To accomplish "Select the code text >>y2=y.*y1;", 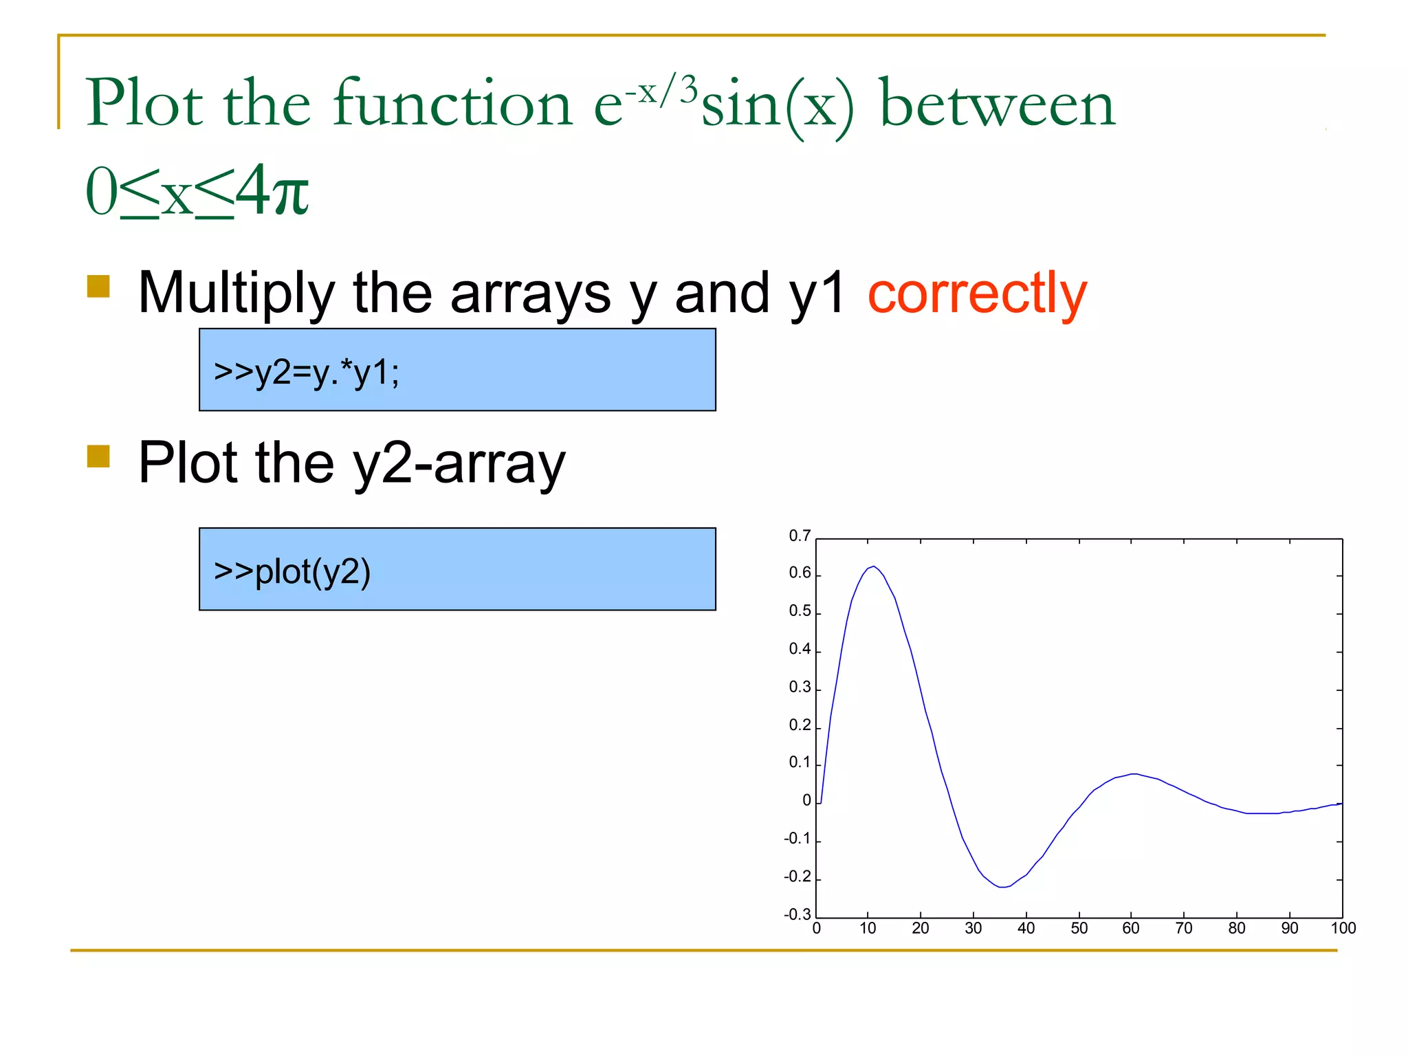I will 307,373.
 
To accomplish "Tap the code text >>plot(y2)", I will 292,571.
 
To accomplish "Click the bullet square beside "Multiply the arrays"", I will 98,286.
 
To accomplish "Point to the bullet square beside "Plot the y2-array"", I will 98,456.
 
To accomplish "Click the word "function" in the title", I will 452,104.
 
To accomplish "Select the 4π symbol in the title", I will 272,191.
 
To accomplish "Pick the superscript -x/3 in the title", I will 661,90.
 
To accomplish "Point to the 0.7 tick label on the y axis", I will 800,536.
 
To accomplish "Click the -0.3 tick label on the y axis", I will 797,914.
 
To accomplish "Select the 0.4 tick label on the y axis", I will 800,649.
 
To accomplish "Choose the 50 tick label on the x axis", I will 1079,928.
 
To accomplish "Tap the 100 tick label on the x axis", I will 1343,928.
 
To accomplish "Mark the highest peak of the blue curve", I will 873,566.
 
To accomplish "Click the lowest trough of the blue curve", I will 1002,887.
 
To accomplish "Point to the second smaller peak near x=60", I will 1133,773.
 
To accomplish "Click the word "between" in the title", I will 998,104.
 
